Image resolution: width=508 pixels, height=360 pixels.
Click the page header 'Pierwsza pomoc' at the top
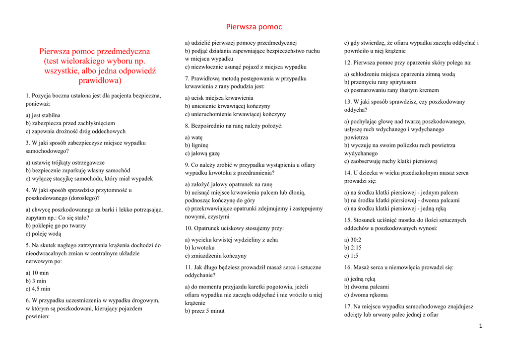(x=254, y=27)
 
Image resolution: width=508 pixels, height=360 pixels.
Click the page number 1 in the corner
(x=481, y=326)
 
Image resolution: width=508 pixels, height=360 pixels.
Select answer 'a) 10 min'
(x=37, y=273)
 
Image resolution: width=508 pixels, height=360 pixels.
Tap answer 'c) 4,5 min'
(x=38, y=288)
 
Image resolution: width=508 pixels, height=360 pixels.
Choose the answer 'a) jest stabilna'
(x=43, y=115)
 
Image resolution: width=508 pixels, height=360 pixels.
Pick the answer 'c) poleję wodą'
(x=43, y=233)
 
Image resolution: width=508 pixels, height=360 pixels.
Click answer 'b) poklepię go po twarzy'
(x=56, y=225)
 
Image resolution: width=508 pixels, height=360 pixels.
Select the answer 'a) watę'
(x=194, y=137)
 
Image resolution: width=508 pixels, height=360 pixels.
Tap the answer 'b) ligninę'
(x=197, y=145)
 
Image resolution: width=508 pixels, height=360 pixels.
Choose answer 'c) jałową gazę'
(x=202, y=153)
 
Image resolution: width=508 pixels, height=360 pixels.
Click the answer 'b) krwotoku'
(x=200, y=247)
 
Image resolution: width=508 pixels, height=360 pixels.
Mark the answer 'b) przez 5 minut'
(x=205, y=311)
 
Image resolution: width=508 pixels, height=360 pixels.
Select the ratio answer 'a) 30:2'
(x=353, y=240)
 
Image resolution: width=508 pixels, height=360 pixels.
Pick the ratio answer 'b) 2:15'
(x=353, y=248)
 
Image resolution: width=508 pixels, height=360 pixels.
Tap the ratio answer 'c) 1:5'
(x=351, y=256)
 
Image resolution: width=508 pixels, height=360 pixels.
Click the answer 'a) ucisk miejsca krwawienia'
(x=219, y=98)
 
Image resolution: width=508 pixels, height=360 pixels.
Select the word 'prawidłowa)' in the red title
(x=100, y=80)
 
